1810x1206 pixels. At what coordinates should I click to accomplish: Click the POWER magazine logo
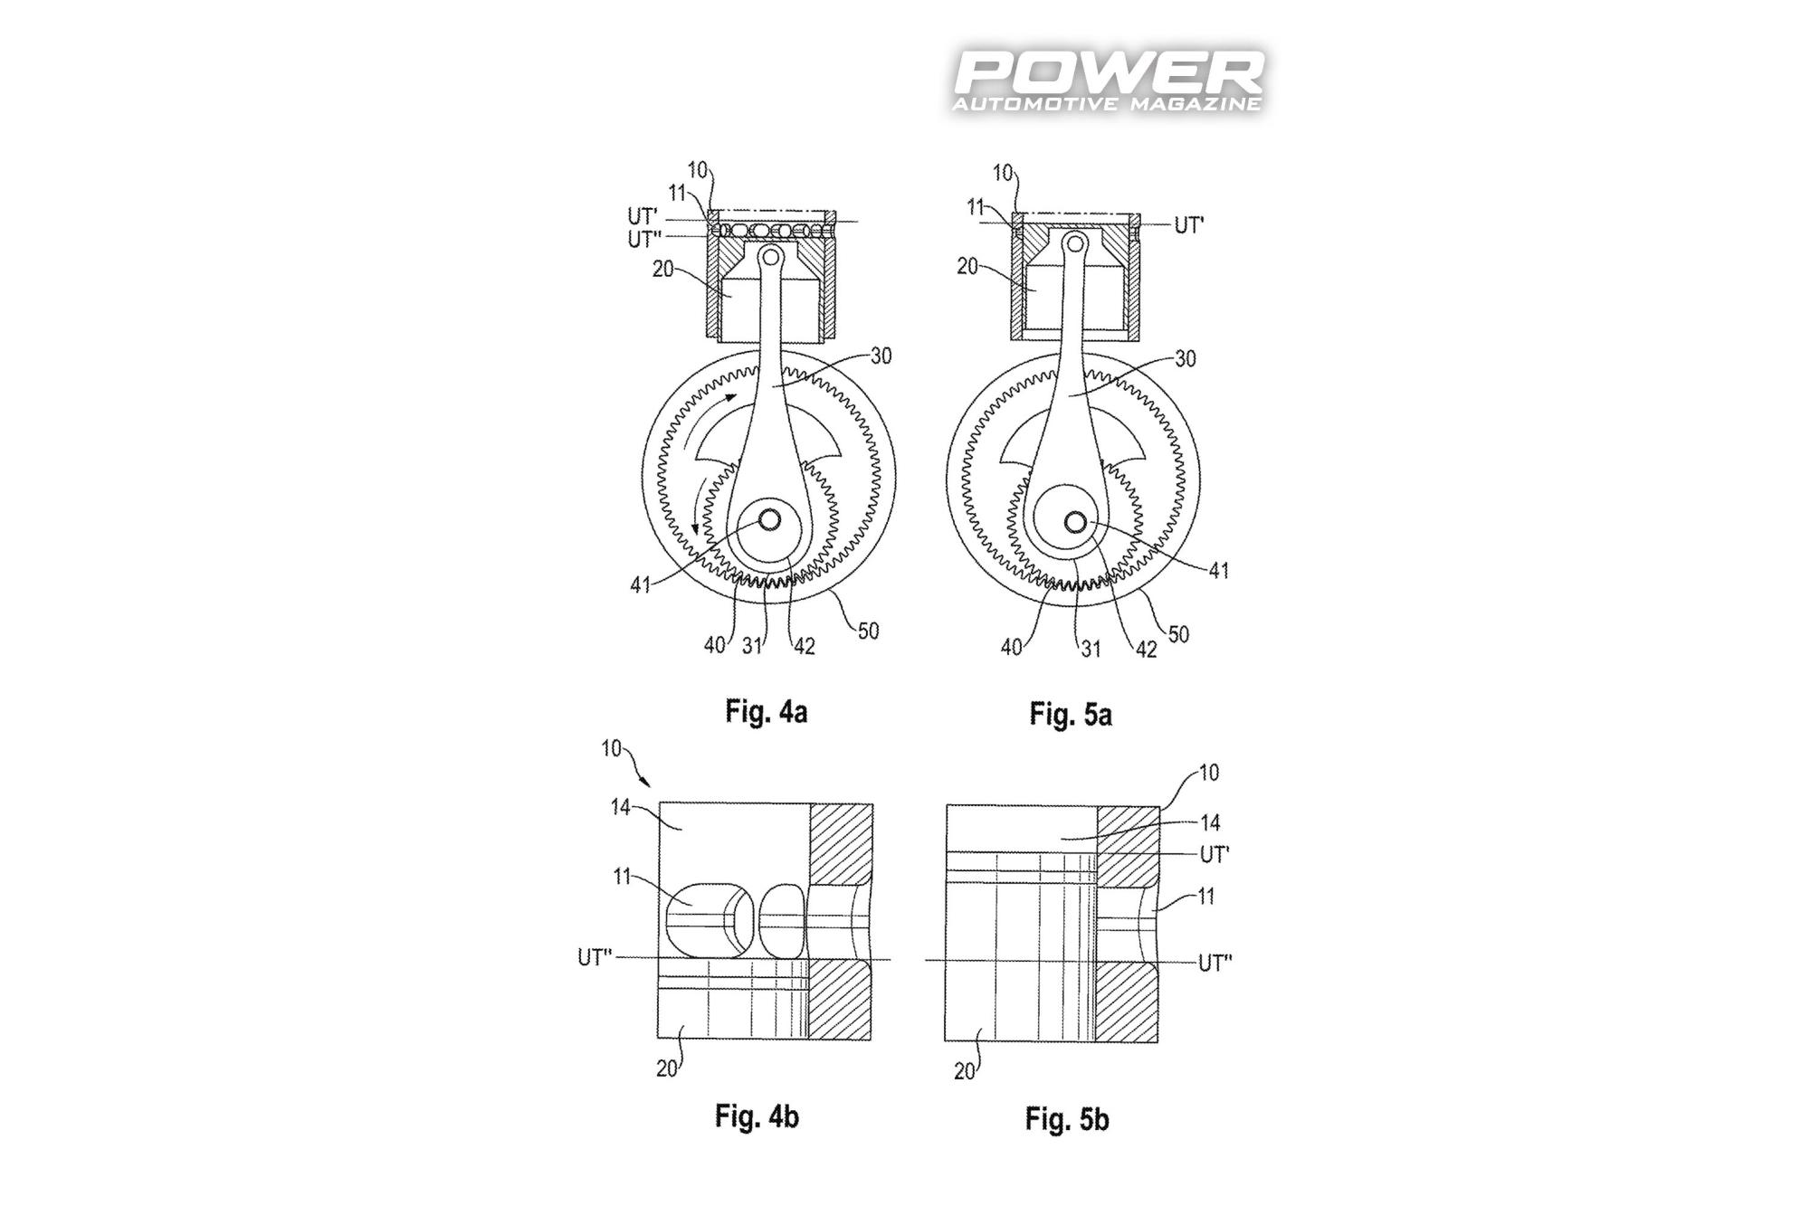point(1109,81)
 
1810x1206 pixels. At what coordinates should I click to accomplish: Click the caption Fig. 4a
point(766,712)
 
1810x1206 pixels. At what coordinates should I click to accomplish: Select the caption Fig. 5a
point(1070,715)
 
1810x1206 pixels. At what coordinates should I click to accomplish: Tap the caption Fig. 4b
point(757,1116)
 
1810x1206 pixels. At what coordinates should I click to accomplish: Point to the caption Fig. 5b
point(1066,1119)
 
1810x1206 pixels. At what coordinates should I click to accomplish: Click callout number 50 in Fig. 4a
point(867,630)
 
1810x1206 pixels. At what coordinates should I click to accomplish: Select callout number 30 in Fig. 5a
point(1184,359)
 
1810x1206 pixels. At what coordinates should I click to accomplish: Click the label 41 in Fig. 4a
point(641,585)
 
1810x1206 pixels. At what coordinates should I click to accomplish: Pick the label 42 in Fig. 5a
point(1146,649)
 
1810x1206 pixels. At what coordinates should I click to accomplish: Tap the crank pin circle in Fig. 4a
point(770,520)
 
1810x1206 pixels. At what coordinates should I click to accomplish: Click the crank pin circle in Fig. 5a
point(1075,522)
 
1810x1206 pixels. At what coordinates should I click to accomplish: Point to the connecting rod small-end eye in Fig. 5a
point(1074,242)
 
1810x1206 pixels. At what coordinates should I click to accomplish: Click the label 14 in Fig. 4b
point(620,806)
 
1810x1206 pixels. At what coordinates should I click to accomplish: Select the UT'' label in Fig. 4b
point(595,957)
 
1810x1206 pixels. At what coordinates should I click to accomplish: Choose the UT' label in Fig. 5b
point(1214,854)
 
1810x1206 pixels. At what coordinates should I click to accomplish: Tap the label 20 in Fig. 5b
point(965,1071)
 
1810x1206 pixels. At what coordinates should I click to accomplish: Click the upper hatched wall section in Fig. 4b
point(841,842)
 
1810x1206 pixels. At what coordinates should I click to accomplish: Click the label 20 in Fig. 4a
point(663,269)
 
